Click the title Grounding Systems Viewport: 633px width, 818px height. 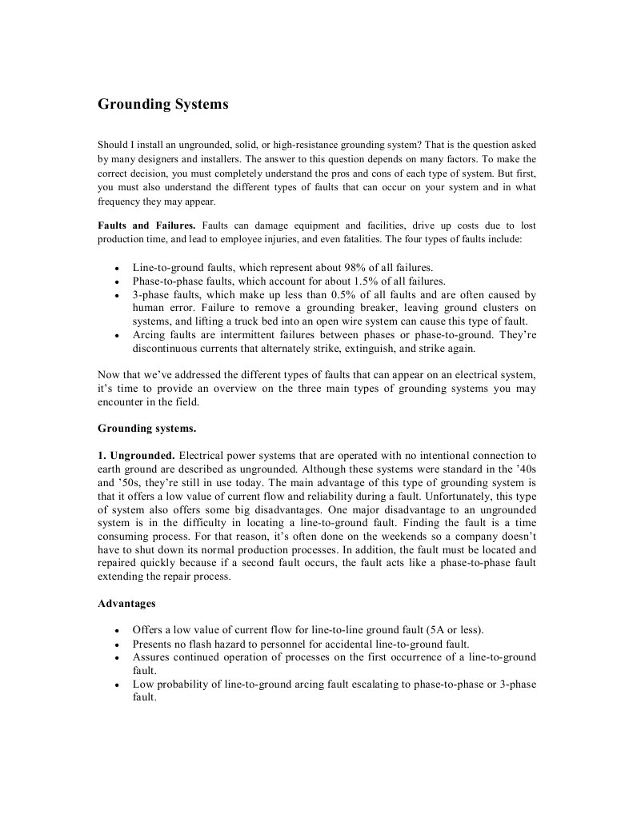[162, 105]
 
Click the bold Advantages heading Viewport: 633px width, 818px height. [126, 603]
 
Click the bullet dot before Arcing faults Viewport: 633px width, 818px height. [118, 337]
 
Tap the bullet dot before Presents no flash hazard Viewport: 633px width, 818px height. [118, 644]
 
